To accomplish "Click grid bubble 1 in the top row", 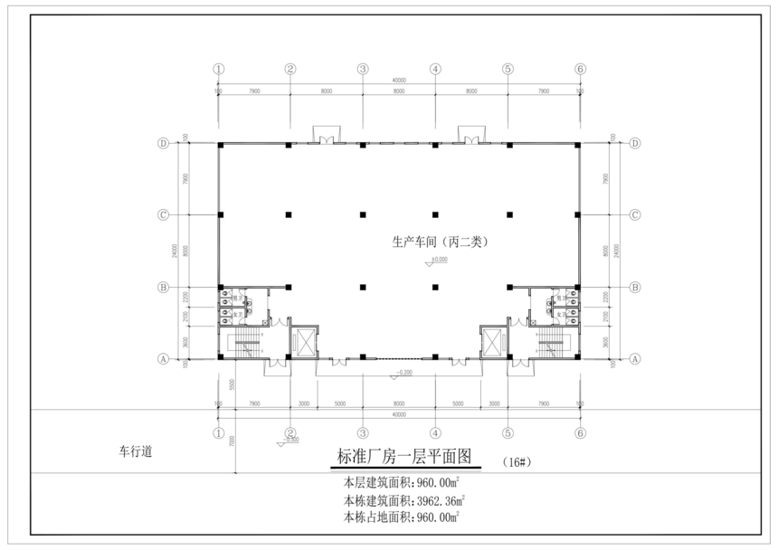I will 218,69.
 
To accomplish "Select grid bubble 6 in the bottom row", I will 580,432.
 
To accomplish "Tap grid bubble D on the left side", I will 164,143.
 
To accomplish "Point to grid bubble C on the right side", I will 635,215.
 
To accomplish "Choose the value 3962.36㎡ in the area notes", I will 440,499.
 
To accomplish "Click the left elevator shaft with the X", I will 303,342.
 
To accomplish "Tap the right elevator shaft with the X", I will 493,342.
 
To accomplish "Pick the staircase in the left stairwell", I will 244,344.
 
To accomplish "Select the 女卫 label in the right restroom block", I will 561,314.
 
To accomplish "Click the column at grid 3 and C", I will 363,215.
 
